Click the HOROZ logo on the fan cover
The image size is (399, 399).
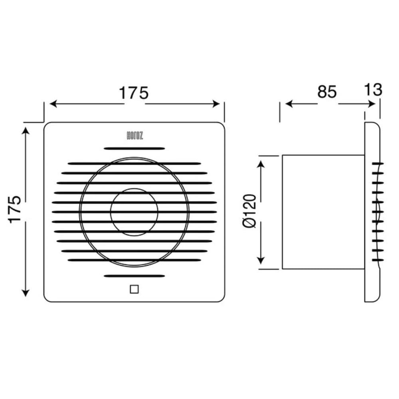click(134, 136)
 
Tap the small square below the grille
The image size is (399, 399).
click(134, 289)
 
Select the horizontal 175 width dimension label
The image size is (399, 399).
click(134, 93)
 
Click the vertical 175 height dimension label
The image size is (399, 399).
click(15, 209)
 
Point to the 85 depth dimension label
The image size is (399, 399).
click(327, 92)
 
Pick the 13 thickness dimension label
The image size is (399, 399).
click(373, 89)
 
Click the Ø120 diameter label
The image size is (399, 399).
click(249, 211)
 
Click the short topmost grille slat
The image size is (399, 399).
click(134, 148)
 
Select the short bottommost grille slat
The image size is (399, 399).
click(134, 276)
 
